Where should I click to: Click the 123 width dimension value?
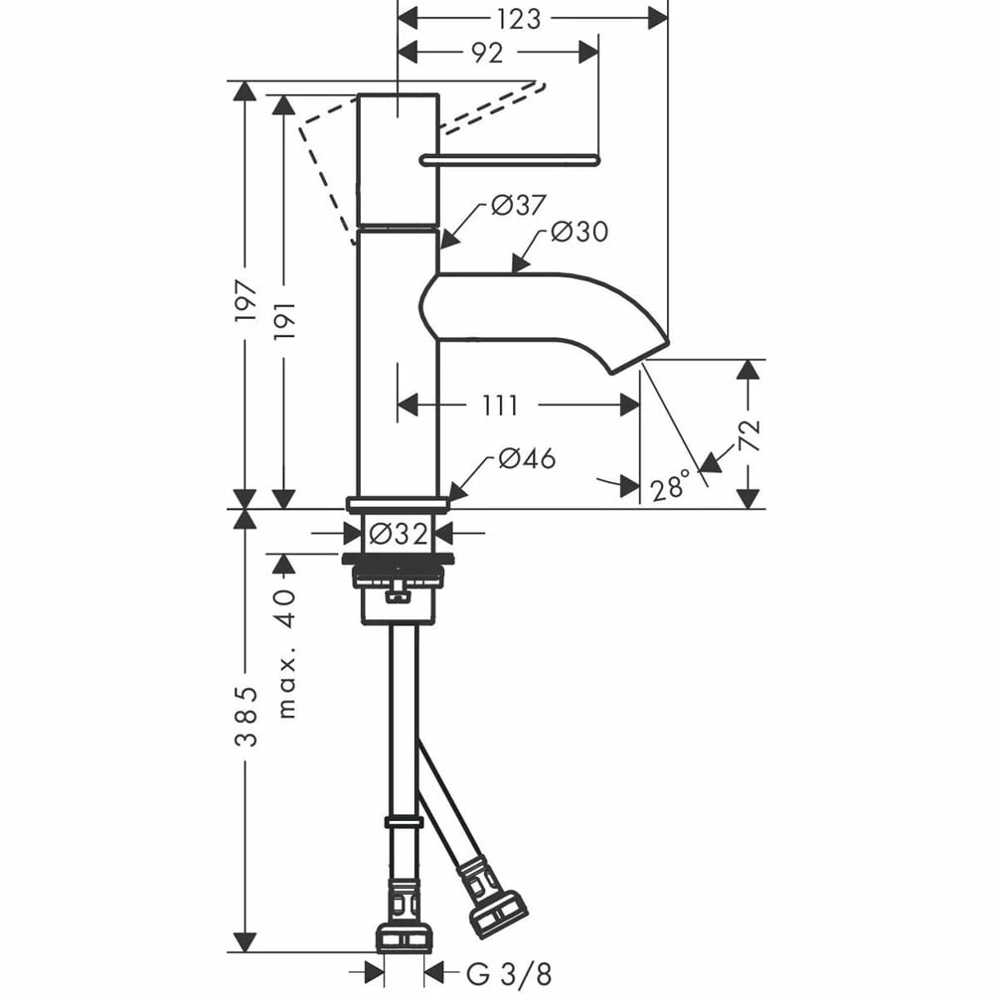point(518,19)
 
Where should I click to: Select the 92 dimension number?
point(487,54)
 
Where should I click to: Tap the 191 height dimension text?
point(284,319)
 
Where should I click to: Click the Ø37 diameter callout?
point(518,205)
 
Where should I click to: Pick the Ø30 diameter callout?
point(580,232)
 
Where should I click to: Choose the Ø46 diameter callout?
point(527,458)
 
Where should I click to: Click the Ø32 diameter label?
point(399,534)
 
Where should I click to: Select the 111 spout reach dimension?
point(500,406)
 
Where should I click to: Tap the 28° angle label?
point(670,487)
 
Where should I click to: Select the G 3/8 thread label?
point(509,973)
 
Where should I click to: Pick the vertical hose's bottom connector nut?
point(405,937)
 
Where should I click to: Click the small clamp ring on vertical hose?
point(404,822)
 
